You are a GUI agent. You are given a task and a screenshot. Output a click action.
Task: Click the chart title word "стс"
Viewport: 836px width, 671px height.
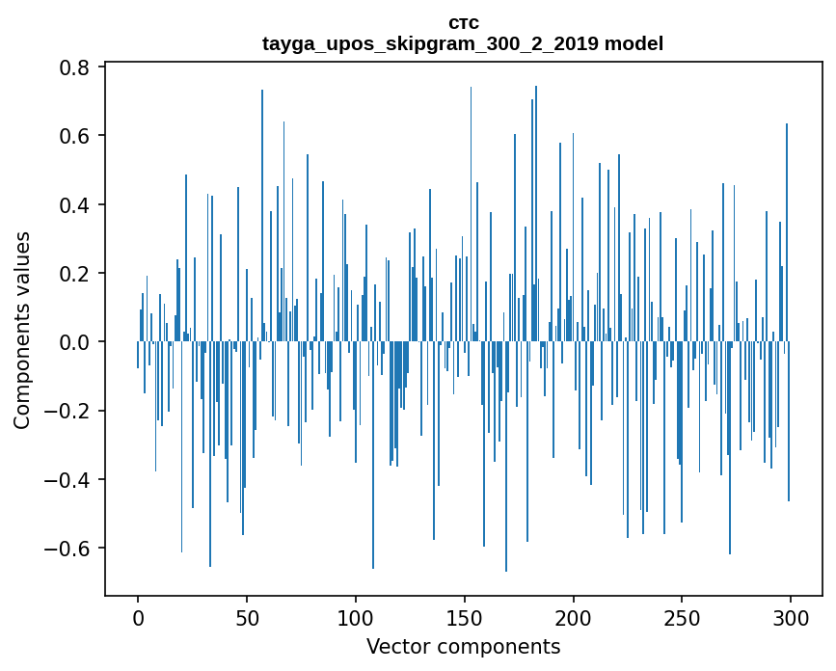pos(463,22)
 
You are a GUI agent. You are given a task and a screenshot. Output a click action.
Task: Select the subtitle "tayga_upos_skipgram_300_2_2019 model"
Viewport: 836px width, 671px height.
pos(463,44)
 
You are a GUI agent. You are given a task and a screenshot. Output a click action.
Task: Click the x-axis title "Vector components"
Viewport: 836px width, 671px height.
pos(463,647)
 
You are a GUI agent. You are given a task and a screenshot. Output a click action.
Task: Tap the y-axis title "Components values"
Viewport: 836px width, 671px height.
pos(22,330)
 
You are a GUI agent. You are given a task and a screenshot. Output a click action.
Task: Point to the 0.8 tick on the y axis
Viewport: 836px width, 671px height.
pos(75,67)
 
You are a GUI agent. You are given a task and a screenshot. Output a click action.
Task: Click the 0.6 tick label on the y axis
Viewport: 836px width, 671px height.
pos(75,136)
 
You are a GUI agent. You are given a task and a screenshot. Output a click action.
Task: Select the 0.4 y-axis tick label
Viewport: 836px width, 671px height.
pos(75,205)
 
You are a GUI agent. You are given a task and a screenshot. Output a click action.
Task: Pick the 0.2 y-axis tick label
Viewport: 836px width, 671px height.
pos(75,274)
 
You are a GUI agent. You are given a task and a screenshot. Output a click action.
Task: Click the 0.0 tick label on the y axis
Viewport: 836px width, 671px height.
pos(75,342)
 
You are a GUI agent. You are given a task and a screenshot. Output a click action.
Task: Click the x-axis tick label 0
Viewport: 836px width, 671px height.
pos(138,616)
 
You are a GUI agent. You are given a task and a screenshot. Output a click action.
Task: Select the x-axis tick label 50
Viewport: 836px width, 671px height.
pos(247,616)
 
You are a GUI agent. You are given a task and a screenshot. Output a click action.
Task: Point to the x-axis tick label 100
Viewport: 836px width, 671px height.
pos(356,616)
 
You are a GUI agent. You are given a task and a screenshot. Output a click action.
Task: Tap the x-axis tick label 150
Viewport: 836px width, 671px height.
pos(465,616)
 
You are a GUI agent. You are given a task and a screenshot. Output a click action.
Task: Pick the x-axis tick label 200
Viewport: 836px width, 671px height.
pos(574,616)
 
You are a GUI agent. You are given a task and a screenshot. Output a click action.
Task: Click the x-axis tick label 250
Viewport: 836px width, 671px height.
pos(682,616)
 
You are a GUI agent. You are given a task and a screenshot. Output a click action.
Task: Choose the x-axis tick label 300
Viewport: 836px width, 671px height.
pos(791,616)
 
